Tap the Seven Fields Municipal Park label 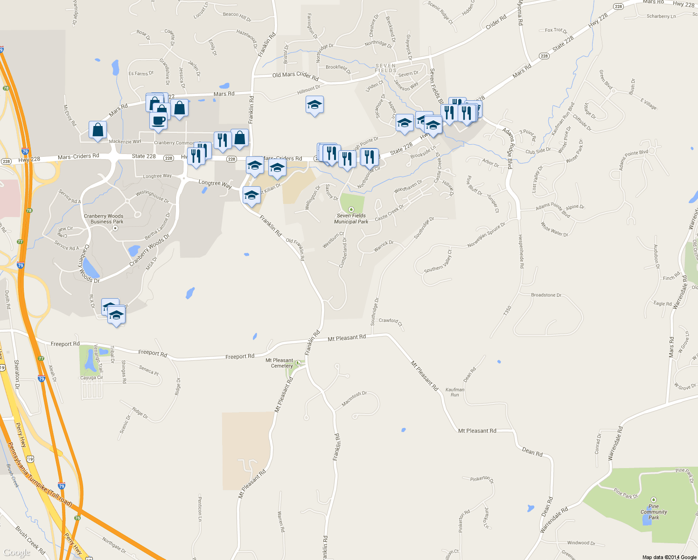pos(351,218)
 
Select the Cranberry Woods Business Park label pos(104,219)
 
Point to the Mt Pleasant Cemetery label pos(279,363)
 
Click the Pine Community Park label pos(654,511)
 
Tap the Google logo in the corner pos(17,553)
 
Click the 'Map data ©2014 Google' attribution pos(669,557)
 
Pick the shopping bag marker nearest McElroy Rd pos(98,130)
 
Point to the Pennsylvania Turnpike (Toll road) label pos(40,475)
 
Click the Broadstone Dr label pos(546,295)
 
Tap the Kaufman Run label pos(454,392)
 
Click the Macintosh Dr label pos(354,399)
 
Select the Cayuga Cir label pos(91,378)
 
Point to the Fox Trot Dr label pos(556,30)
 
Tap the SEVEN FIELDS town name pos(386,68)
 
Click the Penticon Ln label pos(200,509)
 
